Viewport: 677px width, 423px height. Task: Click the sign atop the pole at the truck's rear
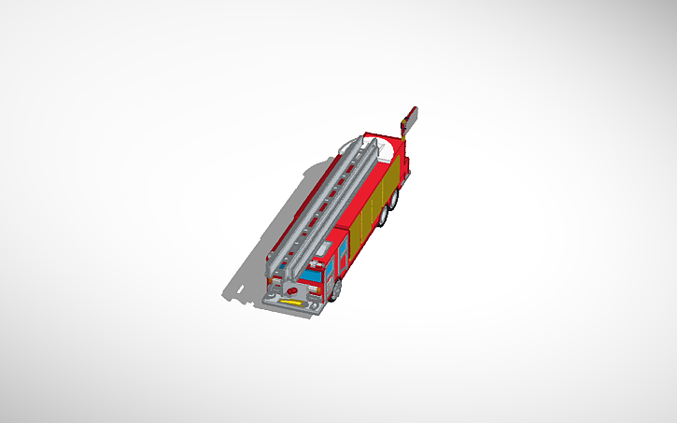coord(410,117)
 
